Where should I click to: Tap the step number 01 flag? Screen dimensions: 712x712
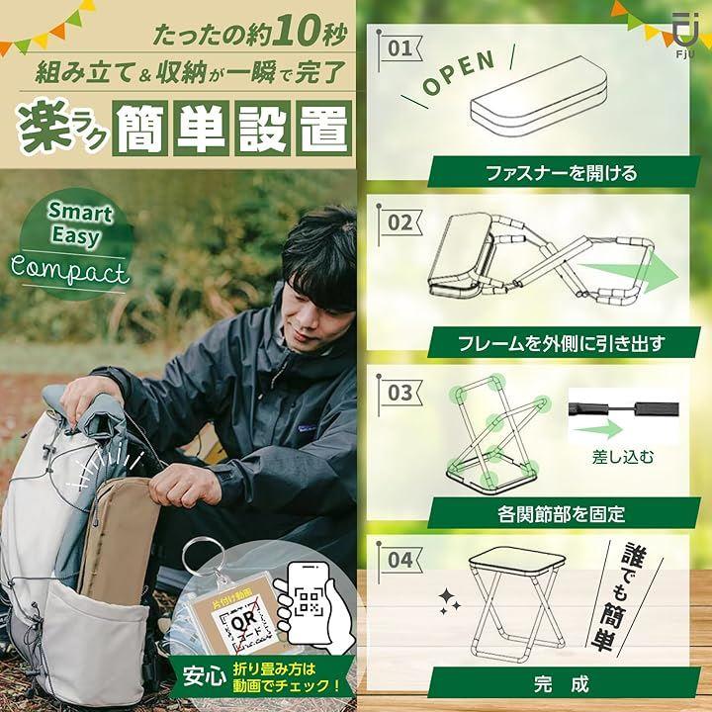tap(400, 48)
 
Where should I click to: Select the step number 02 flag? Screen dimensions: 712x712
tap(400, 222)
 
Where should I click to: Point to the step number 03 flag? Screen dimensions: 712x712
tap(400, 394)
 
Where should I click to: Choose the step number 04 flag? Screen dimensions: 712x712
tap(400, 560)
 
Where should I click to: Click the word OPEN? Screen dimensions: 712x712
tap(459, 72)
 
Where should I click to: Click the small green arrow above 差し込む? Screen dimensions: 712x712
tap(597, 429)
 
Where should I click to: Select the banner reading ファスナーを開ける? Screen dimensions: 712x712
tap(564, 172)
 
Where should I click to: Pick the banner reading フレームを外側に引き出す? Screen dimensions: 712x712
tap(564, 343)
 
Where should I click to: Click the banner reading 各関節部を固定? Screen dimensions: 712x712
tap(564, 513)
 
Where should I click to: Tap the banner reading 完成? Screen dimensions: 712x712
tap(564, 683)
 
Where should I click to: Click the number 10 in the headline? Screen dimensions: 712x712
tap(295, 31)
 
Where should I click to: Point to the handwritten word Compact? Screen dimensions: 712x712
tap(69, 272)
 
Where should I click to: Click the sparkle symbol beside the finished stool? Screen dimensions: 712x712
tap(450, 601)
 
